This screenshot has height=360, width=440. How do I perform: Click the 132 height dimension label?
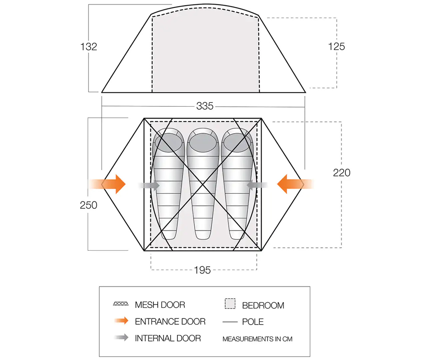point(89,47)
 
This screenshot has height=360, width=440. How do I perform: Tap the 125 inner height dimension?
point(336,47)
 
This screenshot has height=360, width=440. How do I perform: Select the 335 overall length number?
point(205,106)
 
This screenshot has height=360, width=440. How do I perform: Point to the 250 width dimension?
point(88,205)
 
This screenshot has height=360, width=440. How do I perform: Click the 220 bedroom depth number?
point(342,173)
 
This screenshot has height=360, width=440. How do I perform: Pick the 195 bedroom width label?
point(202,270)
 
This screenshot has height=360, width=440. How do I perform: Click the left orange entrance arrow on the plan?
point(107,184)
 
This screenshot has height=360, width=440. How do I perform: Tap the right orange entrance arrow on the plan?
point(295,184)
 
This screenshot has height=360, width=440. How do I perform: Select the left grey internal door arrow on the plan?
point(149,185)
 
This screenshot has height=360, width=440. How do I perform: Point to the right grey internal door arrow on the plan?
point(257,185)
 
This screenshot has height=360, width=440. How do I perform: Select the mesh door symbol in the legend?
point(121,304)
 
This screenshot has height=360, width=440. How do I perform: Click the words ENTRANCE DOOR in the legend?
point(170,322)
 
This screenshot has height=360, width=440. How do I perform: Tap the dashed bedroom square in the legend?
point(230,303)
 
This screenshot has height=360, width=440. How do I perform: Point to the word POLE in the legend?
point(253,322)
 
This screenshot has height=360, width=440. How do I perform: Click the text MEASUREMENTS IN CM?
point(257,339)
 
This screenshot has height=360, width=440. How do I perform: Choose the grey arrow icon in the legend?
point(121,337)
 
